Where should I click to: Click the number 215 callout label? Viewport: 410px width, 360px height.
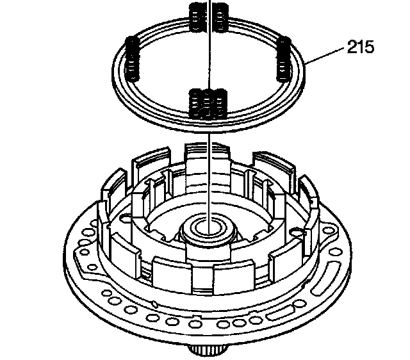(361, 47)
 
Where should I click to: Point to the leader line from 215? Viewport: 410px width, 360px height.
(327, 56)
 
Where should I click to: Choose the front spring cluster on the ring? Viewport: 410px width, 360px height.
(209, 103)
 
